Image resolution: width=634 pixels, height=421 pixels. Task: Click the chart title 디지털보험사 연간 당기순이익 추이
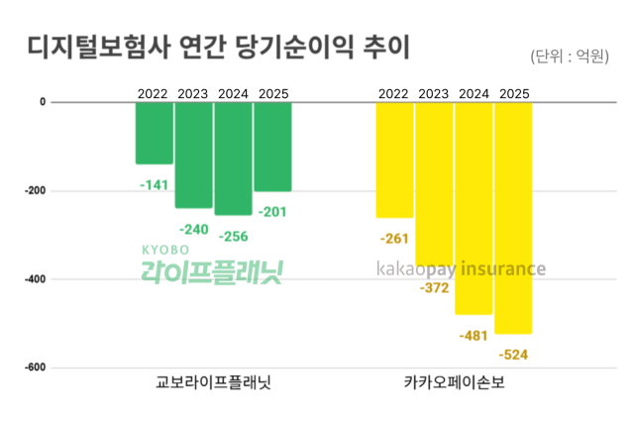pyautogui.click(x=218, y=48)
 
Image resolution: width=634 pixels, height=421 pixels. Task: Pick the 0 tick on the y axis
pyautogui.click(x=43, y=101)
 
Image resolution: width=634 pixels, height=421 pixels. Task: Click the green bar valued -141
pyautogui.click(x=155, y=133)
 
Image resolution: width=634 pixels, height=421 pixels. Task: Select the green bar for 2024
pyautogui.click(x=233, y=158)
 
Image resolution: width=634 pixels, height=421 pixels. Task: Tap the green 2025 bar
pyautogui.click(x=272, y=146)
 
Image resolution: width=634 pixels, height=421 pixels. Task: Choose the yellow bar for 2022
pyautogui.click(x=394, y=158)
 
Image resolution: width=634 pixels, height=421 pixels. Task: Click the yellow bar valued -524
pyautogui.click(x=513, y=217)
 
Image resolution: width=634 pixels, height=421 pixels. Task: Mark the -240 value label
pyautogui.click(x=193, y=230)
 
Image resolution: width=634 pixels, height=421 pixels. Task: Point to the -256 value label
pyautogui.click(x=233, y=237)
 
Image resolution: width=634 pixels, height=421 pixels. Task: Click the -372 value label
pyautogui.click(x=434, y=288)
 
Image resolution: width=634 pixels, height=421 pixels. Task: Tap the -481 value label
pyautogui.click(x=474, y=336)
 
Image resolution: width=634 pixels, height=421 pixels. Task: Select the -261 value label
pyautogui.click(x=394, y=239)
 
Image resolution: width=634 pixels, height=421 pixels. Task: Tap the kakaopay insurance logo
pyautogui.click(x=461, y=268)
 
